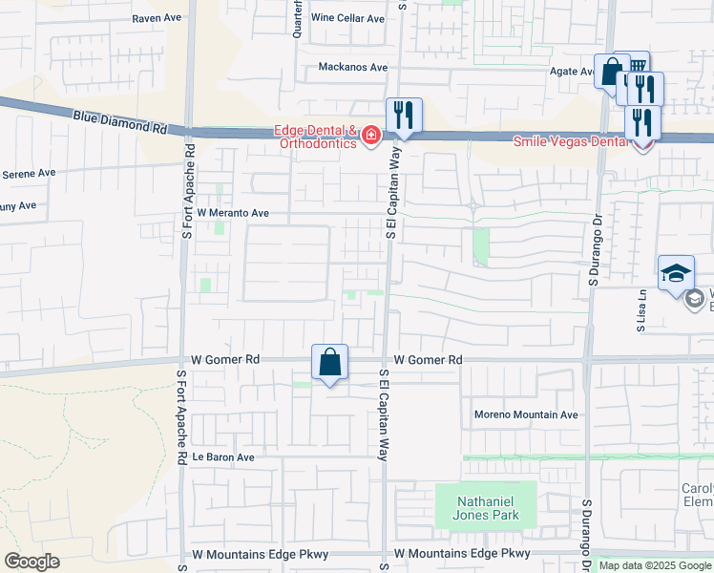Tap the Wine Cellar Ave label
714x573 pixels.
[347, 18]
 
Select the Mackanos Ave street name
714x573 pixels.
[353, 68]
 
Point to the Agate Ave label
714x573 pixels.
[573, 72]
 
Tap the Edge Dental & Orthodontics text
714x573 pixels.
[315, 138]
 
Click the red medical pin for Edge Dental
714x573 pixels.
[369, 138]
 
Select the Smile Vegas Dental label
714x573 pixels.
[572, 142]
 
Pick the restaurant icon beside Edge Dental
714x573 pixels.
[404, 116]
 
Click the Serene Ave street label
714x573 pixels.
[30, 174]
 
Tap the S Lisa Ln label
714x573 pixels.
[642, 311]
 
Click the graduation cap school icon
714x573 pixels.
[676, 272]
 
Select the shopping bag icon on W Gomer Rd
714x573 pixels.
[329, 362]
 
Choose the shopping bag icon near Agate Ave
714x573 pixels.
[611, 71]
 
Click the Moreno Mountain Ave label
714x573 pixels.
[527, 415]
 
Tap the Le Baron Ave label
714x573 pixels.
[223, 457]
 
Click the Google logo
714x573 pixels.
[31, 562]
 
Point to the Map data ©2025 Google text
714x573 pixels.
[654, 565]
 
